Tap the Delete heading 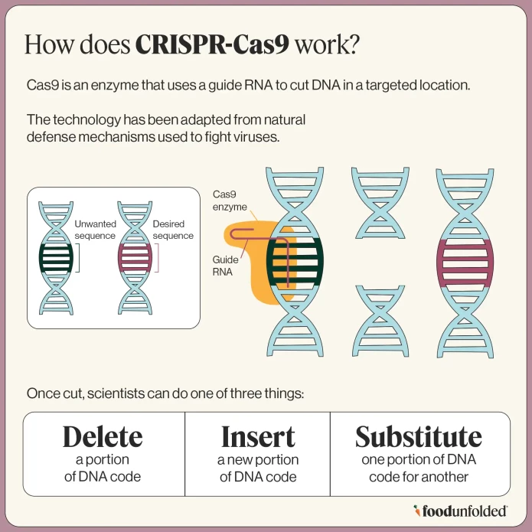coord(103,436)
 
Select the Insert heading coord(257,436)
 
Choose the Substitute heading coord(418,436)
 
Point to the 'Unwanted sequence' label coord(95,230)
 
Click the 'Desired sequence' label coord(173,230)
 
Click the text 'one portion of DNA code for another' coord(418,468)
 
